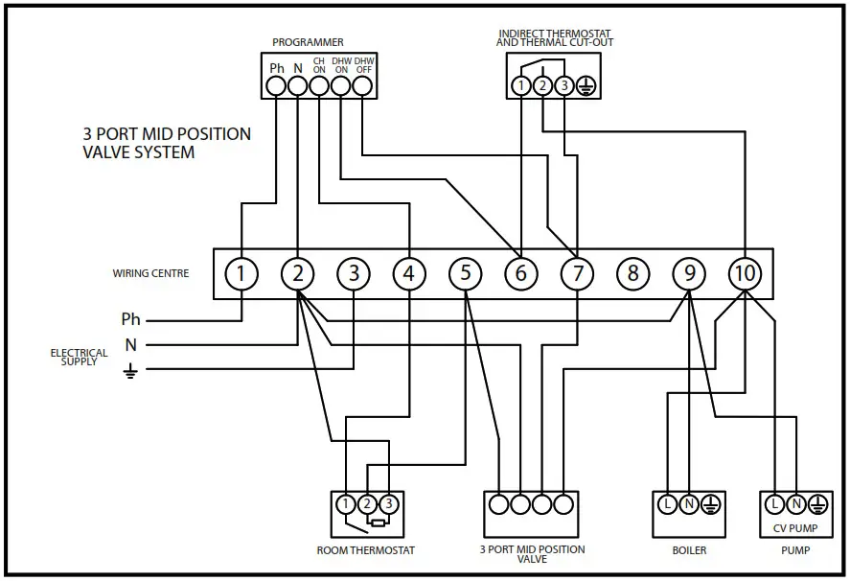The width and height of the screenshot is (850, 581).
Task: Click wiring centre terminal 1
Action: point(241,274)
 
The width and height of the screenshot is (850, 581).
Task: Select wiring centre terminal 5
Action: point(466,274)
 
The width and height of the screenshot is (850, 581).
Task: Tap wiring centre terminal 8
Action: point(632,274)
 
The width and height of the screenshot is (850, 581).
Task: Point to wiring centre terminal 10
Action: point(745,274)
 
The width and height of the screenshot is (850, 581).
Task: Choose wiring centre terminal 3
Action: point(354,274)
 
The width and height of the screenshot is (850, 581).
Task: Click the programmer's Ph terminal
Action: point(277,86)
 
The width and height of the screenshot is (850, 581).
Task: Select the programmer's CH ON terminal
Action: point(319,86)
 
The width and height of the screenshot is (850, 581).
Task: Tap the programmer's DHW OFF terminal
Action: point(361,86)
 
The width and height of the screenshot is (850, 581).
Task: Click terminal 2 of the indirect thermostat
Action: point(542,86)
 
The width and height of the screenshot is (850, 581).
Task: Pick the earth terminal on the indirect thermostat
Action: point(586,86)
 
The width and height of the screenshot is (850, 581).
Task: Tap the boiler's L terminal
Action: point(667,503)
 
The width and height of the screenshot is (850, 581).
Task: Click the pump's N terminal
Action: point(795,503)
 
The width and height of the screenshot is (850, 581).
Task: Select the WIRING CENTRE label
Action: point(150,274)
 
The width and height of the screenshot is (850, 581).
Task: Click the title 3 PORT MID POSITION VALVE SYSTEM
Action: point(167,143)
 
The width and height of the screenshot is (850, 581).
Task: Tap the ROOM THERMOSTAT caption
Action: point(366,550)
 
